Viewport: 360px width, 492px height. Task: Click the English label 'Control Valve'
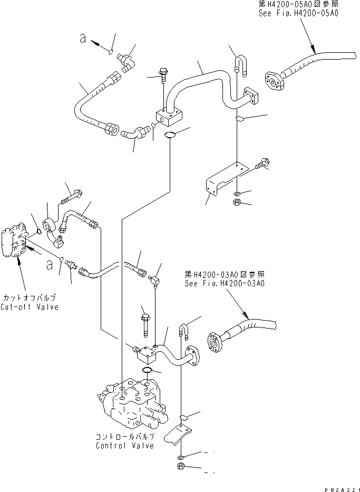pyautogui.click(x=125, y=446)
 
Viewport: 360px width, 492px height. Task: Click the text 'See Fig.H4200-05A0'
pyautogui.click(x=299, y=13)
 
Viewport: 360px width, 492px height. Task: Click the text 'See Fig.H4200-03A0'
pyautogui.click(x=225, y=283)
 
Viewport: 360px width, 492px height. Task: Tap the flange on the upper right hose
pyautogui.click(x=275, y=81)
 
